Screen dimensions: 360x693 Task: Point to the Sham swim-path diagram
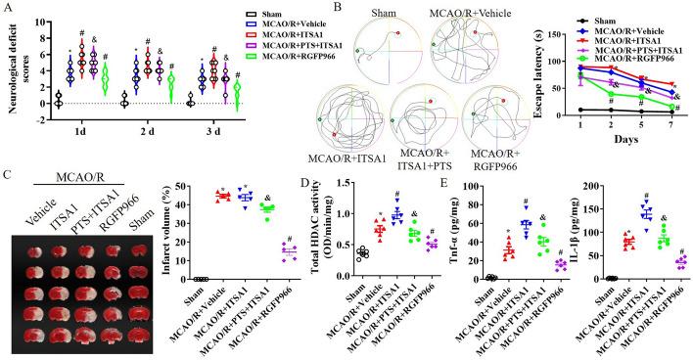tap(387, 56)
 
